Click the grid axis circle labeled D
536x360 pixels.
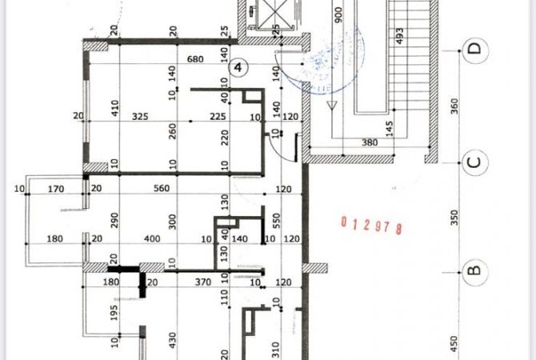[x=474, y=50]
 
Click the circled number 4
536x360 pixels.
[x=238, y=68]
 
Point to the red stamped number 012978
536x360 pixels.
[x=370, y=225]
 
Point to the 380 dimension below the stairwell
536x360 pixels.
[x=370, y=143]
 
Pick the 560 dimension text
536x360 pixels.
[x=164, y=190]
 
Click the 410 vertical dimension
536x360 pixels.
[x=114, y=106]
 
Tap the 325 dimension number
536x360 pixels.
[x=140, y=117]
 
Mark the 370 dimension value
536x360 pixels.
[x=203, y=282]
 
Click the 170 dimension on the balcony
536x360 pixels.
[x=56, y=190]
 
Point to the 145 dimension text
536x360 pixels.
[x=389, y=128]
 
